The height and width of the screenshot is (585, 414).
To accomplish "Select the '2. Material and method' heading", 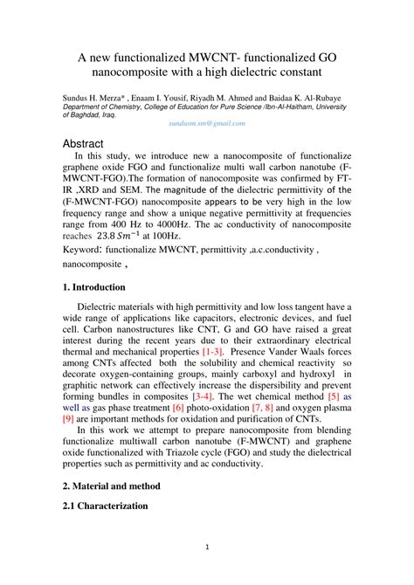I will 119,483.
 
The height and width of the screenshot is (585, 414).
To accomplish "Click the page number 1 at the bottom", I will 207,547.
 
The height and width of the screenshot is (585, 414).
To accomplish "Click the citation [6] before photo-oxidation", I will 178,406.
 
